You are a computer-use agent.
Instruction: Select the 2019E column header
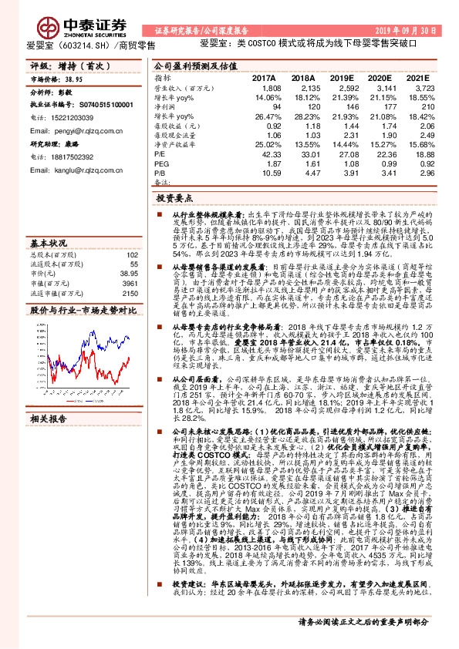tap(340, 78)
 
